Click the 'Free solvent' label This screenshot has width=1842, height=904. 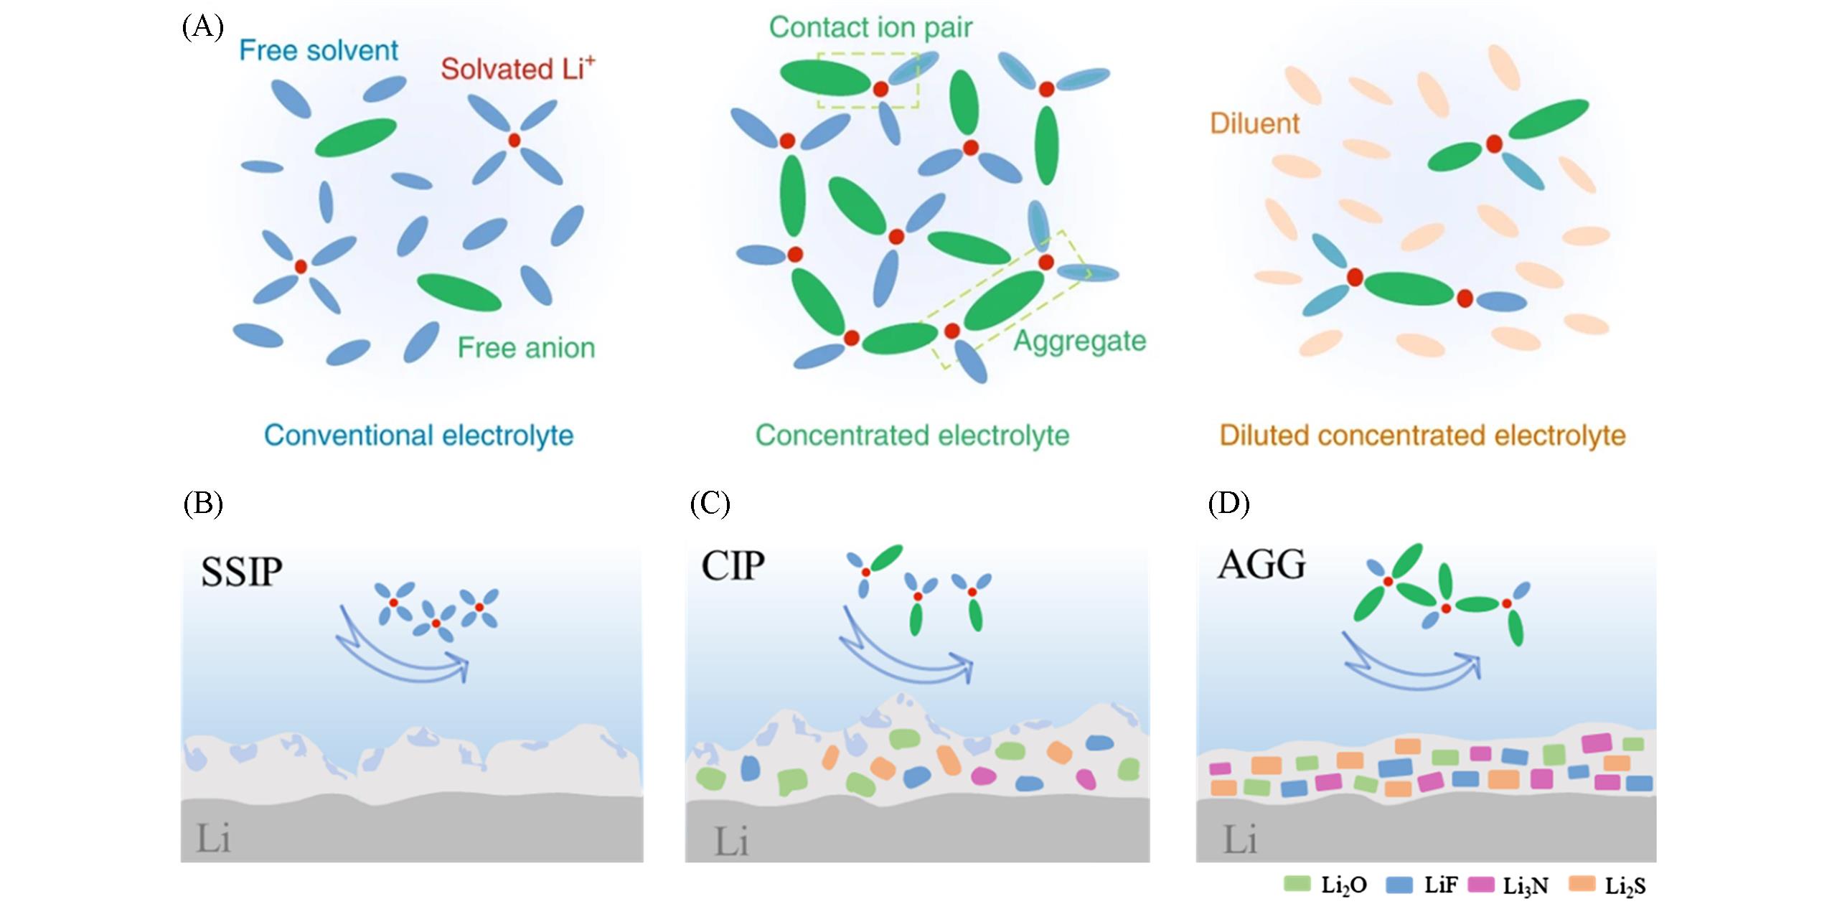pyautogui.click(x=319, y=50)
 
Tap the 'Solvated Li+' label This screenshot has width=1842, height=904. pyautogui.click(x=517, y=69)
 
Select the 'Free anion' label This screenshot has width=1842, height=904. pyautogui.click(x=526, y=348)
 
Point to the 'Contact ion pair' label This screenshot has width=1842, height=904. pyautogui.click(x=870, y=27)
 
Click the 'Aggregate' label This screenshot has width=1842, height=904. pyautogui.click(x=1079, y=341)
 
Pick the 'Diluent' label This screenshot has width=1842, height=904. pyautogui.click(x=1254, y=123)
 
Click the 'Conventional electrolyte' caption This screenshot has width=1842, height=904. pyautogui.click(x=418, y=435)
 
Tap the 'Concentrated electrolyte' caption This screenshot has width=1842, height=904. pyautogui.click(x=912, y=435)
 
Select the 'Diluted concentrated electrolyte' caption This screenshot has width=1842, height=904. pyautogui.click(x=1422, y=435)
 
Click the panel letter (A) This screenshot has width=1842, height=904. pyautogui.click(x=202, y=27)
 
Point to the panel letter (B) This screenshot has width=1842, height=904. pyautogui.click(x=203, y=504)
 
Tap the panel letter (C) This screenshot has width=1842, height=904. pyautogui.click(x=710, y=504)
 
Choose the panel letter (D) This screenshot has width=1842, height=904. pyautogui.click(x=1228, y=504)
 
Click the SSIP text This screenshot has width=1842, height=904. pyautogui.click(x=242, y=573)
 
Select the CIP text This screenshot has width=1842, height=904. pyautogui.click(x=733, y=567)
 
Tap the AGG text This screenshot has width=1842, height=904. pyautogui.click(x=1261, y=565)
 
